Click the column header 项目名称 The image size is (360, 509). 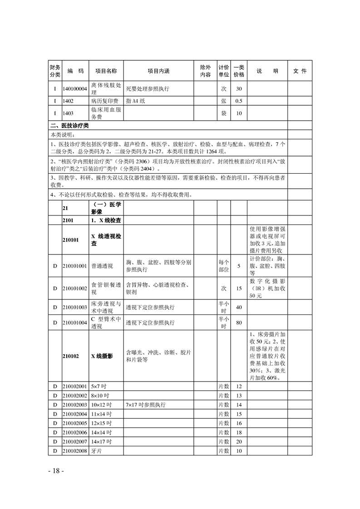[106, 71]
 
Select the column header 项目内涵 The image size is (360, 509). [158, 71]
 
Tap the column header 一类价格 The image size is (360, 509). [239, 71]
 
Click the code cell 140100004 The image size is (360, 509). [75, 89]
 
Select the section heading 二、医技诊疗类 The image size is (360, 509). [70, 125]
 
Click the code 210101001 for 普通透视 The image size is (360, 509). [75, 266]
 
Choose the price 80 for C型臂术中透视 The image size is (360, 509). [239, 323]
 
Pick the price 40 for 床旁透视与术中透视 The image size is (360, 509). [239, 308]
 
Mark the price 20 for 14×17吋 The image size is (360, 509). [239, 441]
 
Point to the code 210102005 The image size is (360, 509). [75, 423]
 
